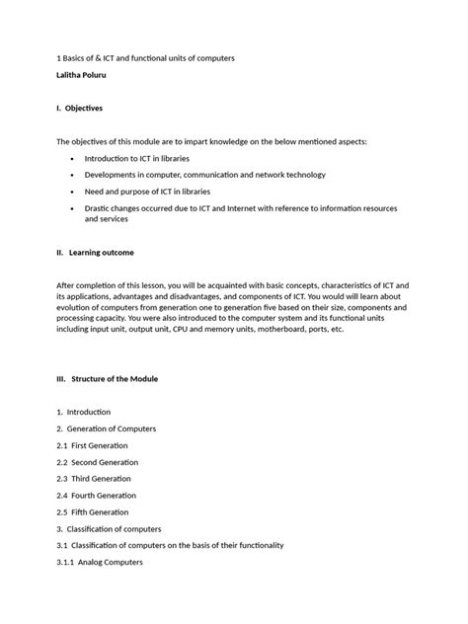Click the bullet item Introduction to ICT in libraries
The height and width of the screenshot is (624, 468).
(x=137, y=158)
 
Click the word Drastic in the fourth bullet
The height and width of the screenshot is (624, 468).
(x=100, y=208)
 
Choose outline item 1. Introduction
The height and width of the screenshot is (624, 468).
(x=84, y=412)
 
